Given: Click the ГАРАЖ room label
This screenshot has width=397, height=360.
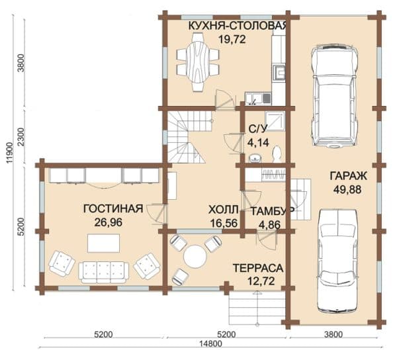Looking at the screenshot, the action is tap(348, 176).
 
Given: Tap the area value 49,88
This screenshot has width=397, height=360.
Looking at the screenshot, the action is tap(347, 189).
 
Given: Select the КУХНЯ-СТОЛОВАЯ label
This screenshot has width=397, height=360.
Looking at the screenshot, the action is tap(238, 26).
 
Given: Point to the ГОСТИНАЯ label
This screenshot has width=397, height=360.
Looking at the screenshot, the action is tap(113, 209).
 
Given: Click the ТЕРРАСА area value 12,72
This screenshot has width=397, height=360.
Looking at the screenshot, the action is tap(260, 281).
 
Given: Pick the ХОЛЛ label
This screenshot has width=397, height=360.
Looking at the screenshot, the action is tap(224, 210).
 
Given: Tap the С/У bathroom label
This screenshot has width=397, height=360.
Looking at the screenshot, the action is tap(257, 129).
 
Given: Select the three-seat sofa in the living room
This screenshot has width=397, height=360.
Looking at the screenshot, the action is tap(104, 273).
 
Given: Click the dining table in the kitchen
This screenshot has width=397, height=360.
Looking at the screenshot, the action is tap(197, 62).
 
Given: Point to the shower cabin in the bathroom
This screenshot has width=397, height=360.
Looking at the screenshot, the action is tap(275, 120).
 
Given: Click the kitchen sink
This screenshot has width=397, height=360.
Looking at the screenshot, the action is tap(258, 99).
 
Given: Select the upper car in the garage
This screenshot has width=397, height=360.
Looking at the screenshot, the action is tap(335, 96).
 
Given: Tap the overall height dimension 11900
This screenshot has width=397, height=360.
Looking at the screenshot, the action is tap(9, 153).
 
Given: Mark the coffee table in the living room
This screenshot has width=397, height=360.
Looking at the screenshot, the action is tap(104, 244).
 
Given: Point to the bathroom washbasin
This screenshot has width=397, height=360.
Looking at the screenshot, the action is tap(255, 158).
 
